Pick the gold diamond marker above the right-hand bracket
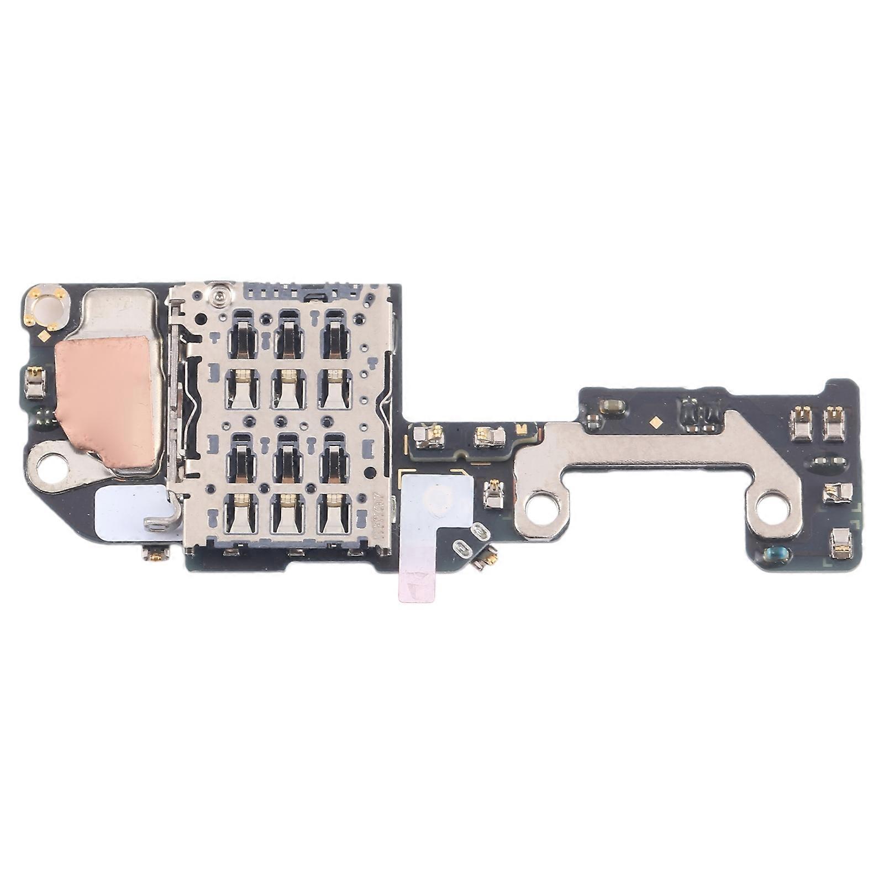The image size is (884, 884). [x=656, y=420]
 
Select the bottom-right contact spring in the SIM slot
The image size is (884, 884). [x=334, y=513]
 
